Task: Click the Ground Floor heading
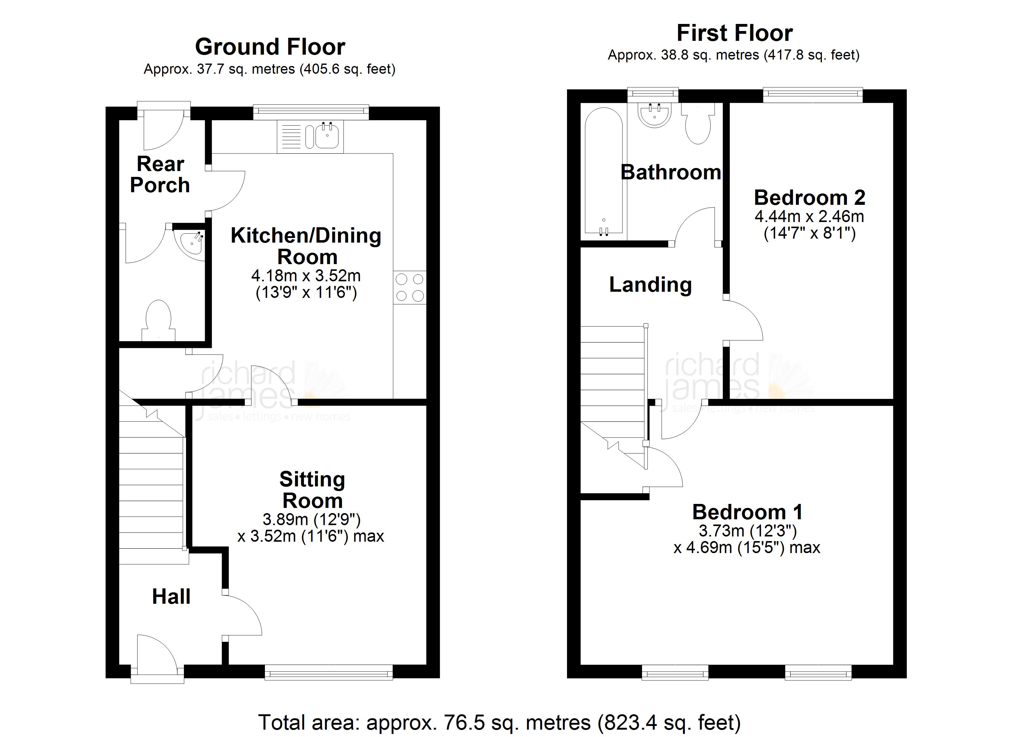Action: (x=270, y=46)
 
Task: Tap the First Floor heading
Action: (x=735, y=33)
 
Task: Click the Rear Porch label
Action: (x=160, y=174)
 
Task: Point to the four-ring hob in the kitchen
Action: (x=409, y=287)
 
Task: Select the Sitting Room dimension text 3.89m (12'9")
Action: (x=311, y=519)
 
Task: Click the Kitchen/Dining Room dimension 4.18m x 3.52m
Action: (x=306, y=275)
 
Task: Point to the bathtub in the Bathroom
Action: (x=604, y=171)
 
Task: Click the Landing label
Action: (x=650, y=285)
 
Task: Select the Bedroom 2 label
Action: (x=810, y=197)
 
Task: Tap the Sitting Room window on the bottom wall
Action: (x=329, y=672)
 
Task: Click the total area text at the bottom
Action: (x=499, y=722)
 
